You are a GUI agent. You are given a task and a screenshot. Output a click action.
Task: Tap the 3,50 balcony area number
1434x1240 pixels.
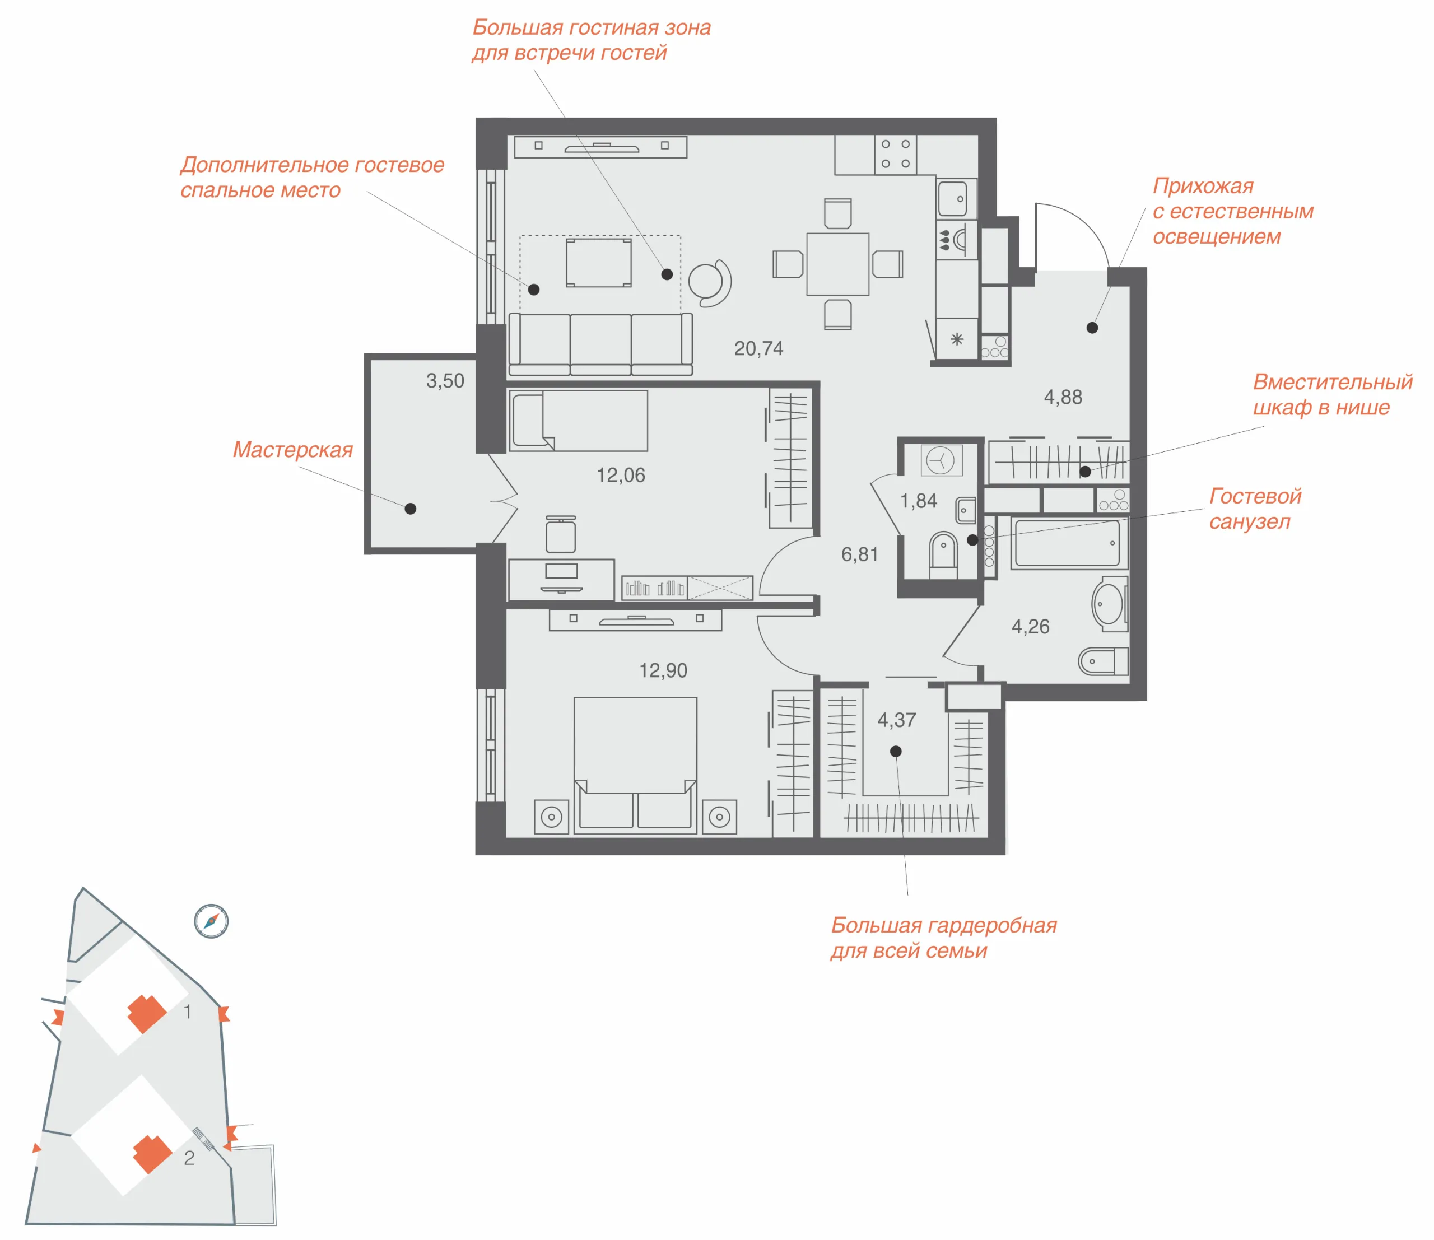pos(445,381)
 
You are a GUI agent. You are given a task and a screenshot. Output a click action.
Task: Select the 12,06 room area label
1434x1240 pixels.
pos(621,476)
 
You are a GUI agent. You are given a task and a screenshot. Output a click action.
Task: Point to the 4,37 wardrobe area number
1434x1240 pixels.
pos(897,720)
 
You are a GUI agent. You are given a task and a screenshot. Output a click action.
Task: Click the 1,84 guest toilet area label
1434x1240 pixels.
pos(919,501)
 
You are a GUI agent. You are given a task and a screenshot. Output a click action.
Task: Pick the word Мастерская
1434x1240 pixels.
pos(293,450)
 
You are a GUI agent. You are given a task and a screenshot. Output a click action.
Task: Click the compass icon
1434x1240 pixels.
pos(211,921)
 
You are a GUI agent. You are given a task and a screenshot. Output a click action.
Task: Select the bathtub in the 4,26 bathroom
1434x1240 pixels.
pos(1069,543)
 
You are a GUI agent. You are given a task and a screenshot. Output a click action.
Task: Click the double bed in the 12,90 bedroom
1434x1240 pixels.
pos(635,764)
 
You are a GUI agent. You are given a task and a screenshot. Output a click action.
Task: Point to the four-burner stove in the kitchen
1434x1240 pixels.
pos(896,155)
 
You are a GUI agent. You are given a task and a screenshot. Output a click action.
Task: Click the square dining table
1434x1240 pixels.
pos(837,264)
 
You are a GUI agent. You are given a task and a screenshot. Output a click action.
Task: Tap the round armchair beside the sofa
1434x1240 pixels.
pos(709,282)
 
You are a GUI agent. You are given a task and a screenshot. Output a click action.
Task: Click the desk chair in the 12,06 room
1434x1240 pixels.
pos(561,534)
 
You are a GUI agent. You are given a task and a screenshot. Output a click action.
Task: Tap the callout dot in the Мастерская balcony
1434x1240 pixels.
pos(411,509)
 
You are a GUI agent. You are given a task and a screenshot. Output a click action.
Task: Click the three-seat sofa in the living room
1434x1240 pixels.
pos(600,344)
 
